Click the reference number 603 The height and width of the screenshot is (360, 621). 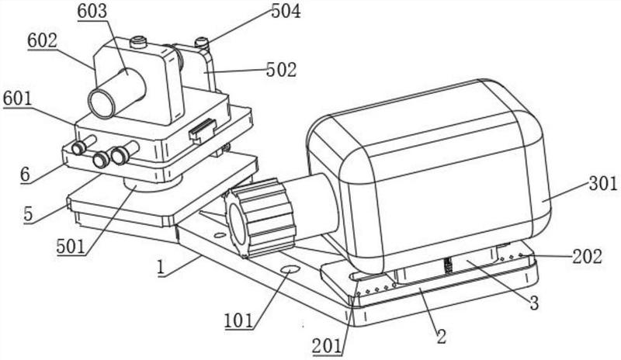[92, 11]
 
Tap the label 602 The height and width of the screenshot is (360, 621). [43, 40]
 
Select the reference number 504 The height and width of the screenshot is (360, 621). [286, 11]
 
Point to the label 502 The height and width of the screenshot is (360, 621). [282, 70]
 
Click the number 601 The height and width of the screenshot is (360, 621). [17, 99]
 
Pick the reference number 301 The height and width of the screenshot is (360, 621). [603, 184]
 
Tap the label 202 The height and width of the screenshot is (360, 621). [588, 257]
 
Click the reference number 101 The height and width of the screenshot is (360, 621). [239, 320]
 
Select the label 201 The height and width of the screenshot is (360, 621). [327, 347]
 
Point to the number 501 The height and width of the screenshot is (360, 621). [71, 247]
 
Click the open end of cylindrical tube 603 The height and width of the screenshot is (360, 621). [102, 103]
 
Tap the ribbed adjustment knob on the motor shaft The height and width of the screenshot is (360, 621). [260, 217]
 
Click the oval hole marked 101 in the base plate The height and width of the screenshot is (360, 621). [290, 269]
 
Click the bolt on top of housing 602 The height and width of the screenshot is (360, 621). [139, 41]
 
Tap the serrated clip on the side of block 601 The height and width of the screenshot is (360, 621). [203, 130]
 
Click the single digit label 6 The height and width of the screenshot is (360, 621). [26, 175]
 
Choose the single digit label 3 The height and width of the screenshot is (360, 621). [534, 303]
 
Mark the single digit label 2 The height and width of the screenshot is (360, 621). [441, 336]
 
